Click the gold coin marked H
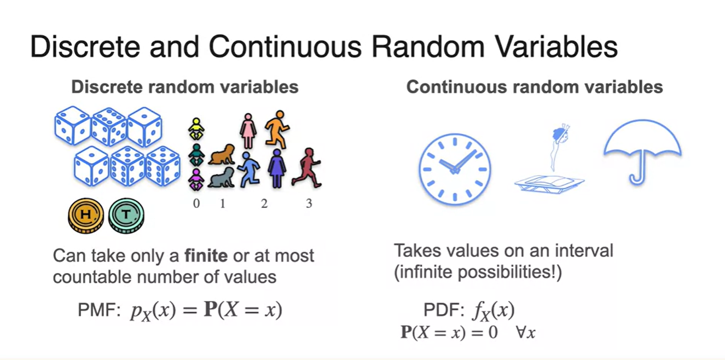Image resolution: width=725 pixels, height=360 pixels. click(x=86, y=216)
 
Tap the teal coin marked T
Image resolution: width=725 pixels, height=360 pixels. click(x=126, y=216)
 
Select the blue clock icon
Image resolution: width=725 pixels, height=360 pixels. click(x=455, y=169)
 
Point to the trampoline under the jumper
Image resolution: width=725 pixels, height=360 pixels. click(x=549, y=184)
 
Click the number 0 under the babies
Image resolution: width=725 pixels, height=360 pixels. click(x=196, y=204)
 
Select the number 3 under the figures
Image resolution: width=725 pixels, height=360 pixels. click(x=309, y=204)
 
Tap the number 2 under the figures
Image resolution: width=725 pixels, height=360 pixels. click(x=264, y=204)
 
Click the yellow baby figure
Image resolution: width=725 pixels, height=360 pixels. click(x=196, y=129)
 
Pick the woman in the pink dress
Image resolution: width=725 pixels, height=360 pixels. click(x=248, y=131)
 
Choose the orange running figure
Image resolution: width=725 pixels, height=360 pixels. click(x=277, y=130)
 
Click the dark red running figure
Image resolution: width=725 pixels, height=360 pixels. click(x=306, y=168)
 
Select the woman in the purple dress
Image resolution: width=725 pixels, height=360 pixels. click(x=277, y=169)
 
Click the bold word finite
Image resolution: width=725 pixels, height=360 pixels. click(x=206, y=256)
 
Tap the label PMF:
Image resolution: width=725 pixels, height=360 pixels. click(x=100, y=310)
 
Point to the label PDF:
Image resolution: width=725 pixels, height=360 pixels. click(x=445, y=310)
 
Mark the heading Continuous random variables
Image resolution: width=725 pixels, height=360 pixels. click(x=535, y=87)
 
